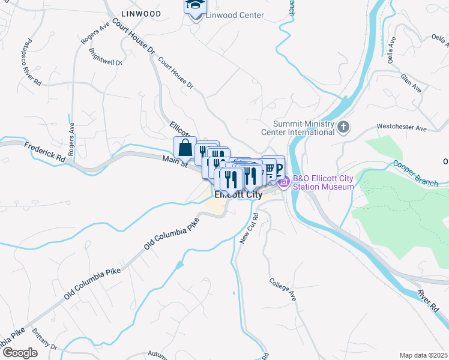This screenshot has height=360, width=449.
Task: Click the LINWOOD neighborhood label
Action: (x=140, y=13)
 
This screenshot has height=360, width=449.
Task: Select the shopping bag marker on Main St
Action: (x=185, y=148)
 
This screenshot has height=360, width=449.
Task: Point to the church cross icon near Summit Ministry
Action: (x=343, y=127)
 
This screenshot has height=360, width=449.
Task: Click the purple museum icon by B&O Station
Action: (x=284, y=181)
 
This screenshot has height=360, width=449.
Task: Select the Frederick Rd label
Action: (x=45, y=152)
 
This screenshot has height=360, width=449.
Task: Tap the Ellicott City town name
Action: (x=238, y=195)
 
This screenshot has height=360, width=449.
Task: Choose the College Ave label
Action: (x=283, y=289)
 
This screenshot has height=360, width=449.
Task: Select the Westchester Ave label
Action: (x=401, y=127)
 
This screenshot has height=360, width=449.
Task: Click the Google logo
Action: (x=20, y=352)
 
